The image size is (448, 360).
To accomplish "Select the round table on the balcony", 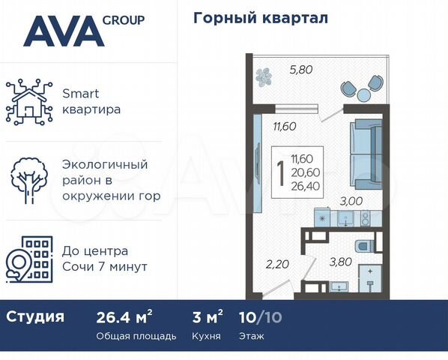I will click(363, 93).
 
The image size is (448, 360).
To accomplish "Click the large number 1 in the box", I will click(280, 173).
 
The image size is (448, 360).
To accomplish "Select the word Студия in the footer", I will click(35, 316).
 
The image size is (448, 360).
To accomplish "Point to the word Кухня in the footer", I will click(205, 336).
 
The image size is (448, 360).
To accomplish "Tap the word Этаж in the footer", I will click(252, 336).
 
